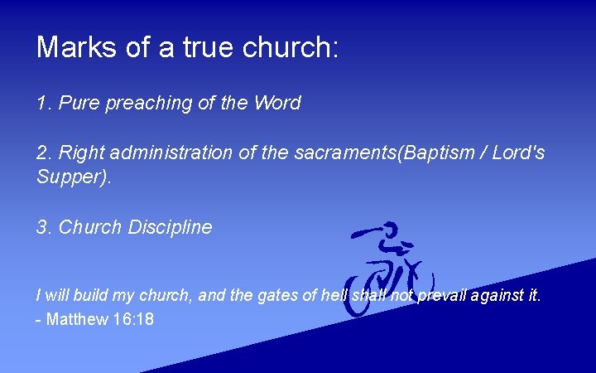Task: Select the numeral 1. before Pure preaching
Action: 44,104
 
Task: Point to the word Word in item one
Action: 277,104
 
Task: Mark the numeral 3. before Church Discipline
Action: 44,227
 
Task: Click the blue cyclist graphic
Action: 387,269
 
